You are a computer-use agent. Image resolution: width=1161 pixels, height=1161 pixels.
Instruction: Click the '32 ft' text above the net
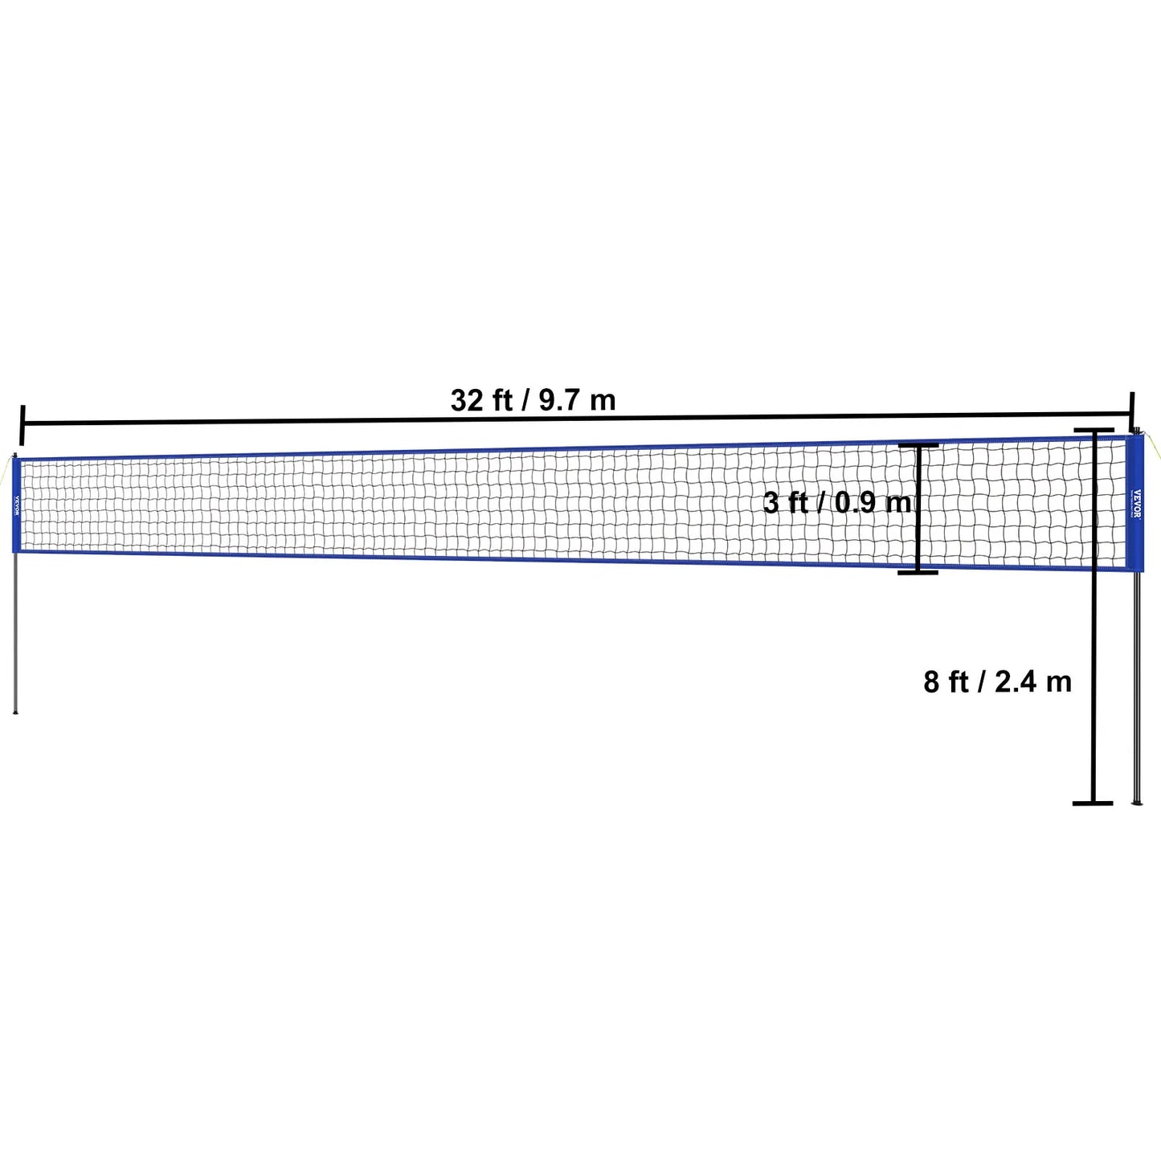point(480,399)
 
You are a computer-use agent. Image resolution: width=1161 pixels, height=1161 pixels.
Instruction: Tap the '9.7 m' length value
point(577,399)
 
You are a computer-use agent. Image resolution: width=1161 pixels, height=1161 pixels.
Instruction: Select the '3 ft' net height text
point(785,503)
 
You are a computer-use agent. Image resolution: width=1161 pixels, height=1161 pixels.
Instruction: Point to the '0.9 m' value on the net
point(873,503)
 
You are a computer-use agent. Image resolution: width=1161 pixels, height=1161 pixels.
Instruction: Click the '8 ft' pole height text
point(946,682)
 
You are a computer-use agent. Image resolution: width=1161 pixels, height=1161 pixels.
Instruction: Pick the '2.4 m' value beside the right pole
point(1033,682)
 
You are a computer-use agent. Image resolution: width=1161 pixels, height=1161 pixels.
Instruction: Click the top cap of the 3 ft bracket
point(918,445)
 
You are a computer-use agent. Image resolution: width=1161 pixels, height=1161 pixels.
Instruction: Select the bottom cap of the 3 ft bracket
point(918,571)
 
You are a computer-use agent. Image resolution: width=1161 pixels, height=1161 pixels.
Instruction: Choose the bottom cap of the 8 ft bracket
point(1093,802)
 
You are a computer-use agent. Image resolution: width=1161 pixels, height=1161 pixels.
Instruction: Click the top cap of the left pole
point(14,456)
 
